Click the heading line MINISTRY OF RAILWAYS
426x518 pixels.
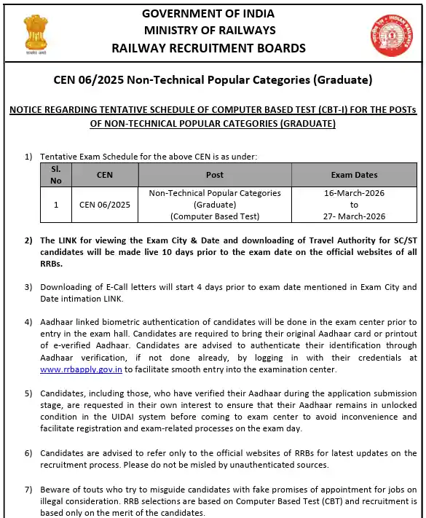pos(210,30)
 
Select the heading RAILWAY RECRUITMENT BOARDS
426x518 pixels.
pos(210,48)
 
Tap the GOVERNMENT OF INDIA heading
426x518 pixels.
pos(210,14)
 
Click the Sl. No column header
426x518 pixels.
pos(56,174)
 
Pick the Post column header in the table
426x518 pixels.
pos(215,175)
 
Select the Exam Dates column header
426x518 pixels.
pos(354,175)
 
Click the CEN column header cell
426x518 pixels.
pos(105,175)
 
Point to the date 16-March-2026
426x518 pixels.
pos(354,193)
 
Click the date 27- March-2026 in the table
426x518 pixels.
pos(354,216)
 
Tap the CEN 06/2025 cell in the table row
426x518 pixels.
pos(105,205)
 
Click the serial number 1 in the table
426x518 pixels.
pos(56,205)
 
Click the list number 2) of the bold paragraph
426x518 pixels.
pos(29,240)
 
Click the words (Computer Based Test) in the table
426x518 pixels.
pos(215,216)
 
